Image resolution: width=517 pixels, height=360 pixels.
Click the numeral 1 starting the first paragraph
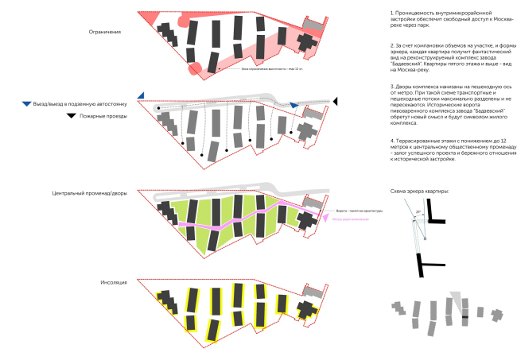click(x=392, y=14)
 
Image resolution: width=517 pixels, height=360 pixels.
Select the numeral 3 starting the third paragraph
click(x=392, y=86)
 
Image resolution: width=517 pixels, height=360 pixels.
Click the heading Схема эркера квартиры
click(x=420, y=191)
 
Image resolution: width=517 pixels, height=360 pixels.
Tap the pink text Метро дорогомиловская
click(x=349, y=220)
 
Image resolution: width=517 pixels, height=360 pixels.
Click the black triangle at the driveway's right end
click(x=335, y=101)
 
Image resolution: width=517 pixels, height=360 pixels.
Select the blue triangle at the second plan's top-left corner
click(x=141, y=95)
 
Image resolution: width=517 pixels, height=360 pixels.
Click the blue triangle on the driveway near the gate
click(x=293, y=105)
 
